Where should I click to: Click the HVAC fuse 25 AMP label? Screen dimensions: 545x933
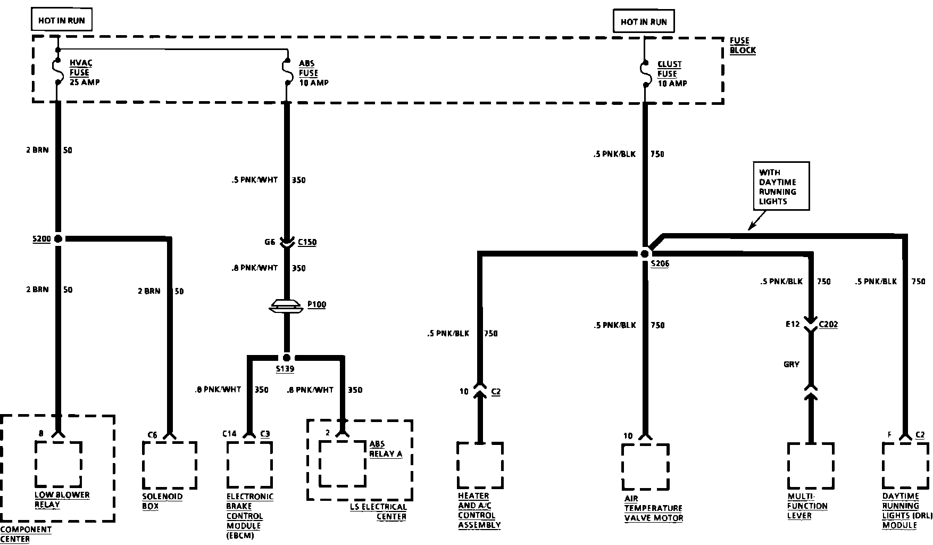coord(84,72)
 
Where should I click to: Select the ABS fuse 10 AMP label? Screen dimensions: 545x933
coord(313,73)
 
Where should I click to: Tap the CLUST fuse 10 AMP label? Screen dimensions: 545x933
coord(671,73)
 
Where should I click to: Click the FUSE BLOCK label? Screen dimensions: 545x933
coord(742,45)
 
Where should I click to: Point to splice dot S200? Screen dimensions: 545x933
coord(58,239)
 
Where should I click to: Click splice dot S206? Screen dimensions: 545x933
coord(645,254)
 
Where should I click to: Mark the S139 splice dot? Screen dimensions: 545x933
coord(287,358)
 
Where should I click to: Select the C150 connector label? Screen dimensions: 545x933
coord(307,242)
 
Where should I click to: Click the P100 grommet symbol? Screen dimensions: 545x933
coord(287,306)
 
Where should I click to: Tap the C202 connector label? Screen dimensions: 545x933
coord(828,324)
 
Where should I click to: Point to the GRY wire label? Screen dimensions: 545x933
coord(792,365)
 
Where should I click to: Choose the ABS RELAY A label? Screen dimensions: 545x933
coord(386,449)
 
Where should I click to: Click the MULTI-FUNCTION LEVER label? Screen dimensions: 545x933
coord(807,506)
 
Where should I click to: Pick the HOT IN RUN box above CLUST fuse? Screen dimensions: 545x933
coord(644,22)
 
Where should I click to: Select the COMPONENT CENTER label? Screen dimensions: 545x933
coord(26,534)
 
